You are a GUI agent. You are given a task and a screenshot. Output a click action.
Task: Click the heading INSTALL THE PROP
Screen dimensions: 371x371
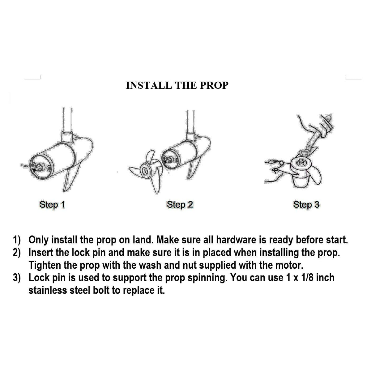pyautogui.click(x=177, y=85)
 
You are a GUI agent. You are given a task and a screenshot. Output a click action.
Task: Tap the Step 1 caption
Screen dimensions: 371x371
pyautogui.click(x=52, y=205)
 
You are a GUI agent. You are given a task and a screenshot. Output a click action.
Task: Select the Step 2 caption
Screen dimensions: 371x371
pyautogui.click(x=180, y=205)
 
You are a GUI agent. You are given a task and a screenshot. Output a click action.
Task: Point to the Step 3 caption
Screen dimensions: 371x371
pyautogui.click(x=306, y=205)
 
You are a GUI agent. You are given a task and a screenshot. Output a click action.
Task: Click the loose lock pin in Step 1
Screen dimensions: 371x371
pyautogui.click(x=24, y=165)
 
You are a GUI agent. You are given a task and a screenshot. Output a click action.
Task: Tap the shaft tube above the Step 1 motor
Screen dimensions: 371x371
pyautogui.click(x=67, y=119)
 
